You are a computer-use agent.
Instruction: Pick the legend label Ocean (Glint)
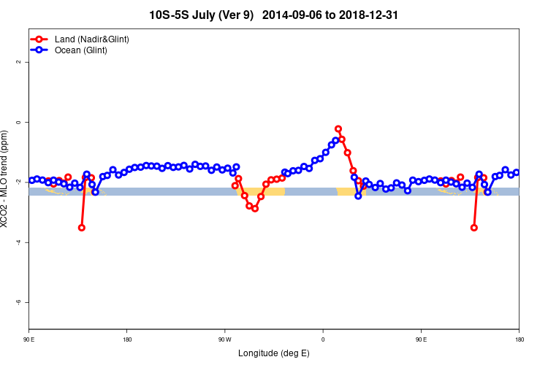pyautogui.click(x=81, y=50)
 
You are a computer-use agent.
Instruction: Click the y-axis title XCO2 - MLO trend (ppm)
pyautogui.click(x=7, y=178)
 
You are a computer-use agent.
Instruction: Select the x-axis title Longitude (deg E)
pyautogui.click(x=274, y=353)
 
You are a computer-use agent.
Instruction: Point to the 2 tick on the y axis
pyautogui.click(x=19, y=62)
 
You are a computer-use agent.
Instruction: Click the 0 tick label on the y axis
pyautogui.click(x=19, y=122)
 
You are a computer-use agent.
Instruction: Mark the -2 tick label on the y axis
pyautogui.click(x=19, y=182)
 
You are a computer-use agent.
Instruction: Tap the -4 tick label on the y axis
pyautogui.click(x=19, y=242)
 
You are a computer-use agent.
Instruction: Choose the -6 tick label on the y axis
pyautogui.click(x=19, y=302)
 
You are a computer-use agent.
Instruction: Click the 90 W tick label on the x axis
pyautogui.click(x=224, y=339)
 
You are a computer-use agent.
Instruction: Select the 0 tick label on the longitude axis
pyautogui.click(x=323, y=339)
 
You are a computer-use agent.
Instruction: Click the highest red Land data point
pyautogui.click(x=338, y=128)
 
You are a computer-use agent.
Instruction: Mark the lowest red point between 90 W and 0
pyautogui.click(x=255, y=209)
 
